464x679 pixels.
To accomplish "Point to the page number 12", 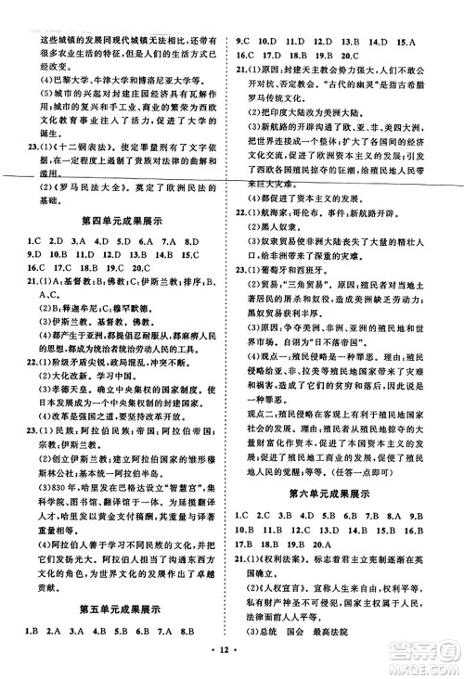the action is [231, 664].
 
